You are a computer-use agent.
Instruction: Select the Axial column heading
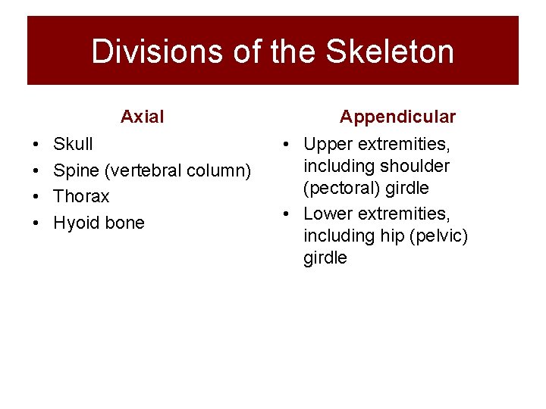coord(142,117)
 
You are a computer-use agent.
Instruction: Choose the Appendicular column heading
coord(397,117)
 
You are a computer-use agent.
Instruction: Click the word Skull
coord(73,144)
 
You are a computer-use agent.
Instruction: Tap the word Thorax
coord(81,197)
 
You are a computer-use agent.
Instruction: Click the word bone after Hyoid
coord(124,223)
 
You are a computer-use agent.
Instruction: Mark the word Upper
coord(329,144)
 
